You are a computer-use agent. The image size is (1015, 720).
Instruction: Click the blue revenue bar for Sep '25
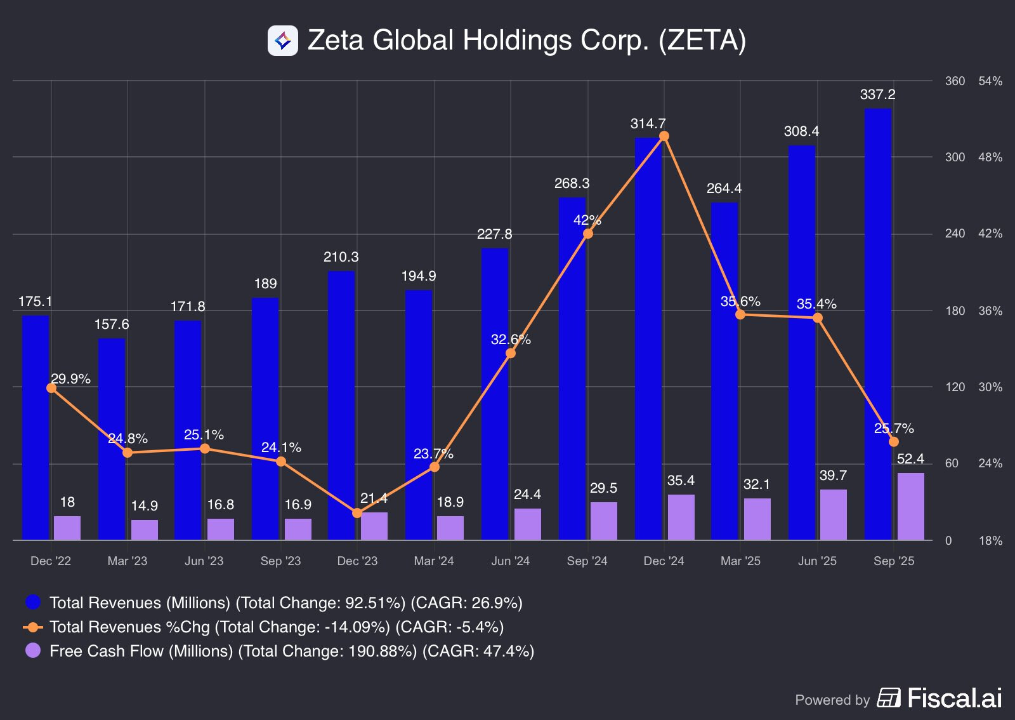[x=878, y=324]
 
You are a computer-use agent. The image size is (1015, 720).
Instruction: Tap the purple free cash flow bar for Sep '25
[x=910, y=506]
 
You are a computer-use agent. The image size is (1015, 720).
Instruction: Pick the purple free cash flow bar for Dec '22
[x=67, y=528]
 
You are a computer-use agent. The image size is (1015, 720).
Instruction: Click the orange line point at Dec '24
[x=664, y=136]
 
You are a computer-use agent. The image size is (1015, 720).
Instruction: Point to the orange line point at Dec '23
[x=357, y=512]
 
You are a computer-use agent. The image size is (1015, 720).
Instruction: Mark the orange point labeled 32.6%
[x=511, y=353]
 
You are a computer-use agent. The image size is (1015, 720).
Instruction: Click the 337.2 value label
[x=877, y=95]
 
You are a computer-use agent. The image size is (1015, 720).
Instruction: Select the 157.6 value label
[x=112, y=324]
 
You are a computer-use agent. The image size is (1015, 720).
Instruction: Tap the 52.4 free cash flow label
[x=910, y=459]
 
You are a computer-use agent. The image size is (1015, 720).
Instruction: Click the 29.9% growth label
[x=70, y=379]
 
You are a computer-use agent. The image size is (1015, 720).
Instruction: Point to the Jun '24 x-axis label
[x=510, y=561]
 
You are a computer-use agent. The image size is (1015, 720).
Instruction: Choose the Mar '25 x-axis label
[x=740, y=561]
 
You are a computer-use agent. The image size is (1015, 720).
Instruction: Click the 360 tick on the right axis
[x=955, y=81]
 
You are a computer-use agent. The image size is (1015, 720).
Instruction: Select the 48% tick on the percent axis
[x=990, y=157]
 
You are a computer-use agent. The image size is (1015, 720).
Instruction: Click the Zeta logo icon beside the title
[x=283, y=41]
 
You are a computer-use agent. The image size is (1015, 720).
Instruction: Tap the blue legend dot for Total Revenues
[x=33, y=602]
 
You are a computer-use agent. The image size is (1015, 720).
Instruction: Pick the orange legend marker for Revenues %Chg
[x=33, y=627]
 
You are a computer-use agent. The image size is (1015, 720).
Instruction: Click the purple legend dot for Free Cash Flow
[x=33, y=651]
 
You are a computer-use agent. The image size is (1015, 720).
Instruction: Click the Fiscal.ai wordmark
[x=954, y=698]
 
